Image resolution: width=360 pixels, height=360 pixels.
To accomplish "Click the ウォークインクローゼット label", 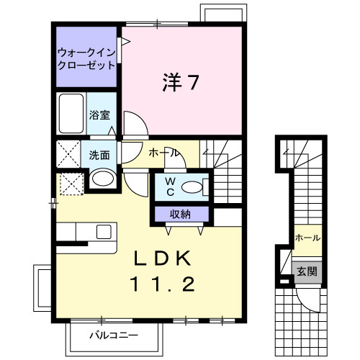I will coord(86,58).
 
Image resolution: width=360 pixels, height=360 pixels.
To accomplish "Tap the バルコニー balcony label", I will coord(112,335).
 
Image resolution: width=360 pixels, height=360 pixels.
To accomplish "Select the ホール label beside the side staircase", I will coord(307,238).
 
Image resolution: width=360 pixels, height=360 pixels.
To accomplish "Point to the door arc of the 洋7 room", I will coord(134,124).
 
